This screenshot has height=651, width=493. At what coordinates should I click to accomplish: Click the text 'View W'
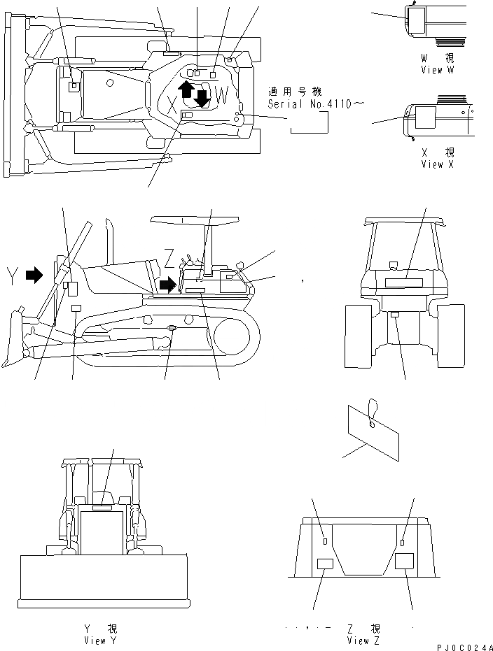pos(437,70)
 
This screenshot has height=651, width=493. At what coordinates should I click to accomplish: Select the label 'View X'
pos(437,164)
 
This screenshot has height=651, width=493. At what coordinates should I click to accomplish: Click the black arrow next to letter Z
pos(168,283)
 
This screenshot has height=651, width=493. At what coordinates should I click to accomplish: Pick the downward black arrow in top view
pos(202,98)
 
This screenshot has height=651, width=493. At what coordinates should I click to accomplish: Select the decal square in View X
pos(425,117)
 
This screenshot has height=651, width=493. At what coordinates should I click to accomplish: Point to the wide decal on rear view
pos(403,282)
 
